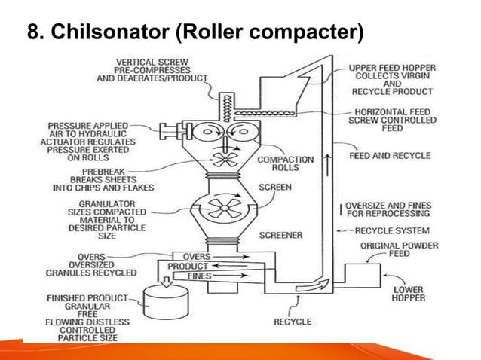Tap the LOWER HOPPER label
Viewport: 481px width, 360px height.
coord(409,294)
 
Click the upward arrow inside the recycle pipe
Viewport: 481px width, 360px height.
coord(326,162)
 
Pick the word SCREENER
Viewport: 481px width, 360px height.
coord(280,235)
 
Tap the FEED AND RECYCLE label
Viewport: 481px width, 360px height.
coord(390,156)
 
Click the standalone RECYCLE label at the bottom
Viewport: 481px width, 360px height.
coord(293,322)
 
